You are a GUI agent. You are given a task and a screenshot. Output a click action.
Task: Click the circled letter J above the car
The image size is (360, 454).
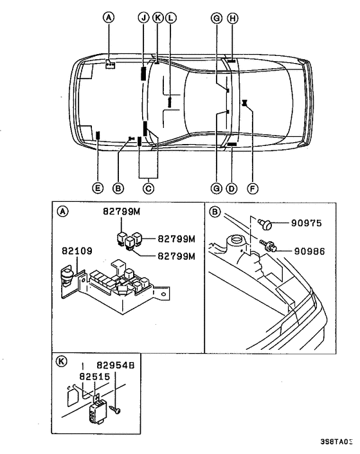pos(143,19)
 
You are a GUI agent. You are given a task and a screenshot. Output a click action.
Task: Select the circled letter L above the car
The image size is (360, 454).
pos(170,19)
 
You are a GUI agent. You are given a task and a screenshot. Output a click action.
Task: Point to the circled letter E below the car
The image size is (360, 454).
pos(97,188)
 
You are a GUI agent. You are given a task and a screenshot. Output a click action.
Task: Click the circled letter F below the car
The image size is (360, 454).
pos(252,188)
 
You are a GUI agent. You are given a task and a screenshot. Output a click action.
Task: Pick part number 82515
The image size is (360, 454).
pos(93,375)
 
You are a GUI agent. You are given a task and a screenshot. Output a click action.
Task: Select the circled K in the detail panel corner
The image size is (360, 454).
pos(62,361)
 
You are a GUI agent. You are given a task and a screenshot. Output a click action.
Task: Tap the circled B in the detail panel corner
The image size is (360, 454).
pos(215,210)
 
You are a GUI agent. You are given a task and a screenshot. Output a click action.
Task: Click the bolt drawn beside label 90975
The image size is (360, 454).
pos(265,224)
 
